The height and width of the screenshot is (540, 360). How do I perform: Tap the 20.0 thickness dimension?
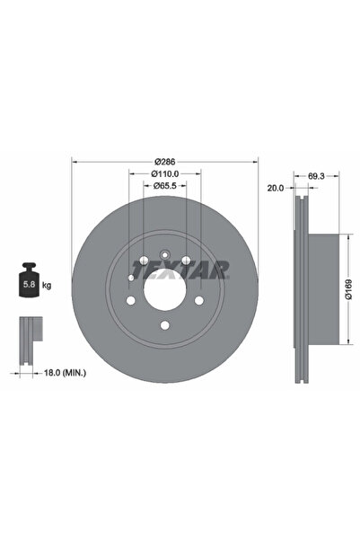pyautogui.click(x=275, y=189)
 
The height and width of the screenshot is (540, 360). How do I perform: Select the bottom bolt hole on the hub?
pyautogui.click(x=164, y=326)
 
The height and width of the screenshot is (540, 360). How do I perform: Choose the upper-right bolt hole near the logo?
pyautogui.click(x=185, y=261)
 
